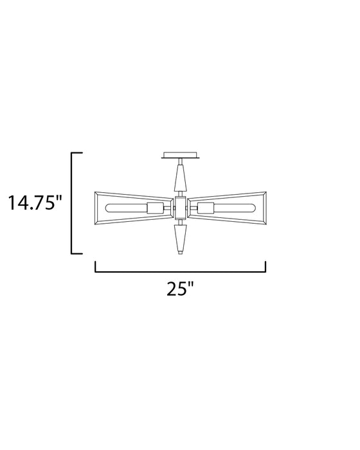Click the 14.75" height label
35,204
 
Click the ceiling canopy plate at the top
180,155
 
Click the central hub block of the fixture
180,207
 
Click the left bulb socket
156,208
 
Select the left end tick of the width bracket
96,266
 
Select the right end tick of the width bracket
265,266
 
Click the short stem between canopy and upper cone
180,161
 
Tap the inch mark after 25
192,283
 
